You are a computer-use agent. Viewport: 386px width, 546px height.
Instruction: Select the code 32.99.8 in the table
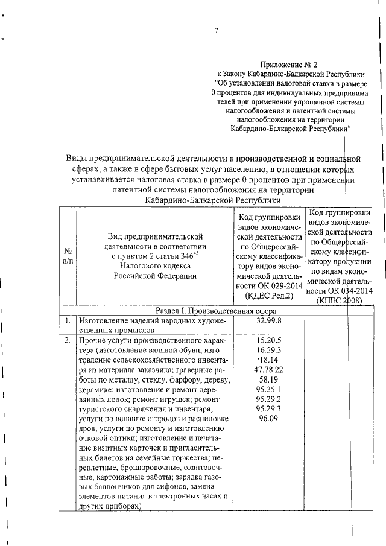click(268, 321)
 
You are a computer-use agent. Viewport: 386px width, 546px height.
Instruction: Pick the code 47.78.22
click(268, 369)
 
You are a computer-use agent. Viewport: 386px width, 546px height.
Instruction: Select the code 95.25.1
click(268, 389)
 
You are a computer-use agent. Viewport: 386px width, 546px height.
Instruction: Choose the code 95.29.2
click(268, 399)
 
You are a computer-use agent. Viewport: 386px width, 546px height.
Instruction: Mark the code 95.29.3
click(268, 408)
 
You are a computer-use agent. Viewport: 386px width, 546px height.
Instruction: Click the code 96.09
click(268, 418)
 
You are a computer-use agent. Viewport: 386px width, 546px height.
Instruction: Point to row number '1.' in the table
click(68, 321)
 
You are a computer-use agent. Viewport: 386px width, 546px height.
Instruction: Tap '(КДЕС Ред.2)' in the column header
click(268, 296)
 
